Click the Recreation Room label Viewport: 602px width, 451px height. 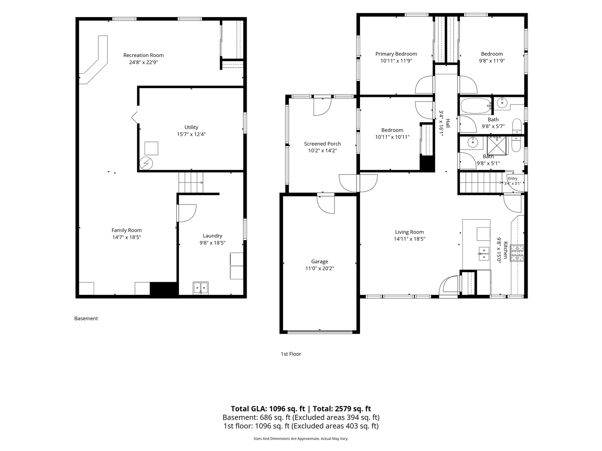143,55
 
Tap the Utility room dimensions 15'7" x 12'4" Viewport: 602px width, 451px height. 191,134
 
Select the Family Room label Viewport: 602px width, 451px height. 126,230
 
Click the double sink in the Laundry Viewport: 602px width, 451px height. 201,288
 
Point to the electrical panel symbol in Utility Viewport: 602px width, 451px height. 146,163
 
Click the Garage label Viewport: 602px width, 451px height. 319,261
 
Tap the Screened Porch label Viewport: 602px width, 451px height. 322,144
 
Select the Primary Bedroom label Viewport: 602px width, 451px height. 396,54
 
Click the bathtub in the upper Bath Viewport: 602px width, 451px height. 476,106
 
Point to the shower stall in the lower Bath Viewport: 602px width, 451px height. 497,146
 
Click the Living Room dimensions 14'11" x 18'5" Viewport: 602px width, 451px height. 409,239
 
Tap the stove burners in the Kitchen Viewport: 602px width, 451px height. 517,253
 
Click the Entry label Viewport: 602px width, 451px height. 513,179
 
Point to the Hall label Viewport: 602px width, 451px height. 448,123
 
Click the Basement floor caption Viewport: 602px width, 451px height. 86,319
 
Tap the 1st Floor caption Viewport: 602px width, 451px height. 291,354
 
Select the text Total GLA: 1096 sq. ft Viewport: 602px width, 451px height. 268,409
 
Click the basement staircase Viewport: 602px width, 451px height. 191,182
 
